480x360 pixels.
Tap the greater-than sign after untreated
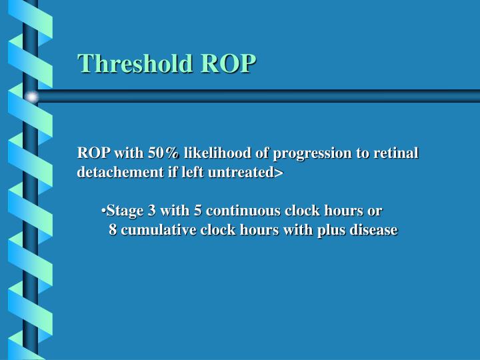(279, 173)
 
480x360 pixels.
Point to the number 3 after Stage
(153, 211)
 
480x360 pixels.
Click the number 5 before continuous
(198, 211)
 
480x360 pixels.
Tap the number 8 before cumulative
(113, 231)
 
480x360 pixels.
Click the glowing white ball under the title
(32, 97)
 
